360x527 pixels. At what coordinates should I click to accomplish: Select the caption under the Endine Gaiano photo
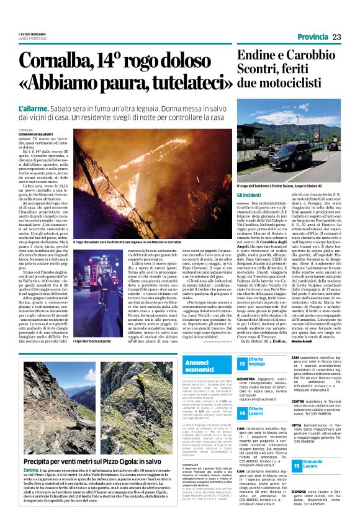click(269, 185)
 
